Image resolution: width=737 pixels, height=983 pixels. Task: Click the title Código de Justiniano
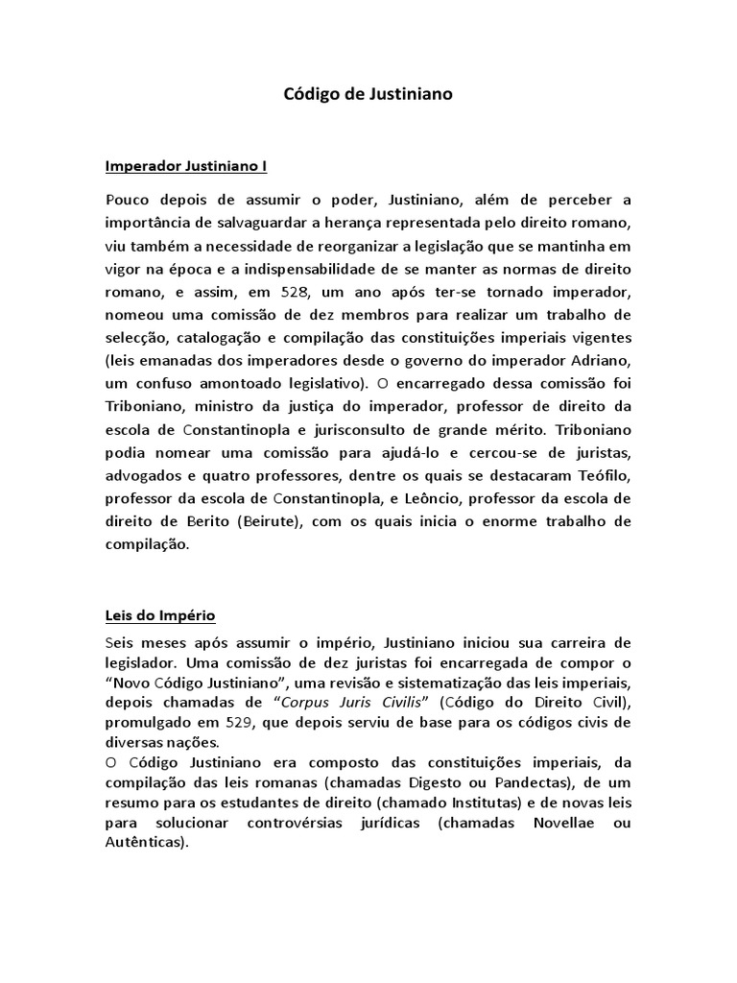tap(368, 95)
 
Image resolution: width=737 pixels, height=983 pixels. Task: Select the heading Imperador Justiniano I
tap(185, 166)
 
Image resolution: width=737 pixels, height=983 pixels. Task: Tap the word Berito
tap(203, 521)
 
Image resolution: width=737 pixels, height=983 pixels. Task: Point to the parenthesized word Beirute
tap(266, 521)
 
